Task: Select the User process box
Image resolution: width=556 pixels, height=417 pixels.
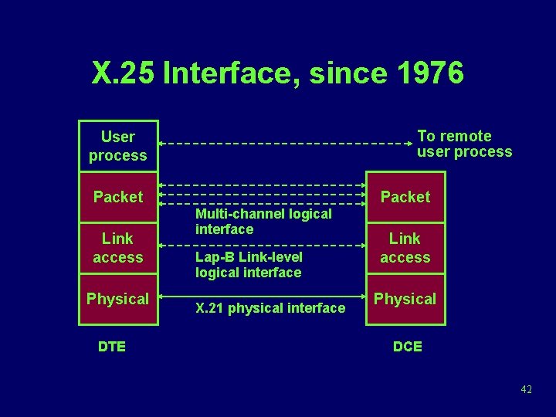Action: click(x=118, y=146)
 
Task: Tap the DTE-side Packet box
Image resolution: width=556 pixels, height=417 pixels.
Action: click(x=118, y=197)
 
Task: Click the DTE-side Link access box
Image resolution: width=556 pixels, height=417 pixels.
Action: click(x=118, y=248)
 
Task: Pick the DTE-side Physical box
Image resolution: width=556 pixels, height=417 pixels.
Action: click(x=118, y=299)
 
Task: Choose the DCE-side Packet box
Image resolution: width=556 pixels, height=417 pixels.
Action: click(x=405, y=197)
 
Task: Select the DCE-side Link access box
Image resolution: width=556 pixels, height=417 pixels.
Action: click(x=405, y=248)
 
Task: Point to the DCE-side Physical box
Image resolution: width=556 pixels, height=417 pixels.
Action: click(x=405, y=299)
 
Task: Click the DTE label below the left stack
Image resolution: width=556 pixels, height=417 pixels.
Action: click(x=112, y=347)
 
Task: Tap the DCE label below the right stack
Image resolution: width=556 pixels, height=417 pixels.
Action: click(x=407, y=347)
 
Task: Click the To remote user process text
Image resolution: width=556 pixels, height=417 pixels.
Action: click(x=464, y=144)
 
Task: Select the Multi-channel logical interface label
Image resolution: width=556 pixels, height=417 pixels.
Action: click(x=263, y=221)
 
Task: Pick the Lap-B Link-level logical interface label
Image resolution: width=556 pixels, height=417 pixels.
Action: click(x=249, y=264)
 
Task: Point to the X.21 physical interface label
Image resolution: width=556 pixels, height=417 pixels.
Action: click(x=270, y=308)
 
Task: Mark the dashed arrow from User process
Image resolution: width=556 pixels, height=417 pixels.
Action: click(x=286, y=144)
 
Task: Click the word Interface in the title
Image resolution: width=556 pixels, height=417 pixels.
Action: click(x=232, y=73)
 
